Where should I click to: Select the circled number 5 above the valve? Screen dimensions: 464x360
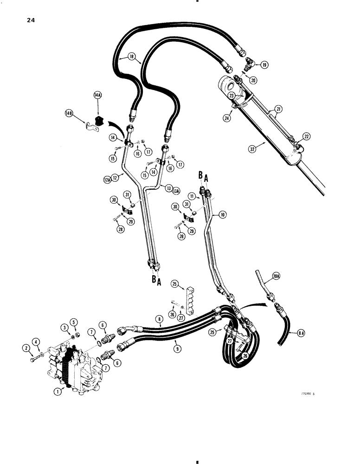(x=74, y=322)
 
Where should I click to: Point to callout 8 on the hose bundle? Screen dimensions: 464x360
(x=159, y=319)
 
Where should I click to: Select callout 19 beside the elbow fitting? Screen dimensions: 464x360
(x=264, y=65)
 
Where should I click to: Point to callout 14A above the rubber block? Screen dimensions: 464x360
(x=97, y=96)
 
